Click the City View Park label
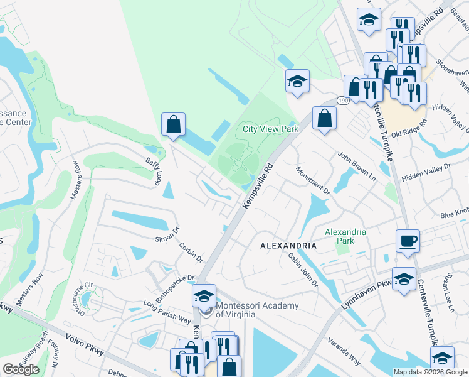(270, 129)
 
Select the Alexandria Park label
(345, 236)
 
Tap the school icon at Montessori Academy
(204, 296)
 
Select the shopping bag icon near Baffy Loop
(174, 124)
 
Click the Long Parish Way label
(167, 311)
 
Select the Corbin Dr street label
(191, 252)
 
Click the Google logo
(21, 369)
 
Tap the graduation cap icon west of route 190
(297, 81)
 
